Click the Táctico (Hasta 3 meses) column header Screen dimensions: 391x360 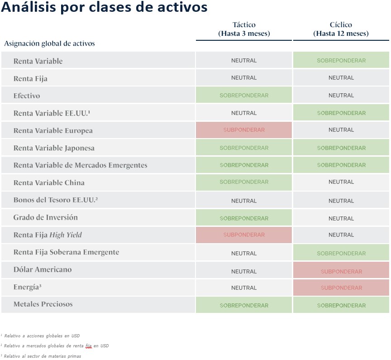[244, 29]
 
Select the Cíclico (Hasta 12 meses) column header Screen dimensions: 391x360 [341, 29]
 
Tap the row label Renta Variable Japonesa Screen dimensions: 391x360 [54, 148]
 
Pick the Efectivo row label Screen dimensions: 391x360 [27, 96]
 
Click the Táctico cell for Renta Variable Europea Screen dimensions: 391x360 [244, 130]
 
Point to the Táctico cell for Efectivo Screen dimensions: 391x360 [244, 95]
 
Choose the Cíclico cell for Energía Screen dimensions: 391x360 [341, 288]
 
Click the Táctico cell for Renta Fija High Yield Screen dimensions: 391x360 [244, 235]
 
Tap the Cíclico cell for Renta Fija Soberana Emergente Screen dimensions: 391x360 [341, 253]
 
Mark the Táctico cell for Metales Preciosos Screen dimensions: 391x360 [244, 305]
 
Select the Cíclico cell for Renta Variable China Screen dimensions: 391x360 [341, 182]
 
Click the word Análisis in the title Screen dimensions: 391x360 [29, 7]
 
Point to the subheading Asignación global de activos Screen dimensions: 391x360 [49, 43]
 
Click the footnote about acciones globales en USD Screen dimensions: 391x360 [40, 336]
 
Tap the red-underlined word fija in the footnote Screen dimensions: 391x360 [89, 346]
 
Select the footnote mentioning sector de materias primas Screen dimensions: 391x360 [41, 356]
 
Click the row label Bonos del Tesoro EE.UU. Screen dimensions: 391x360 [56, 200]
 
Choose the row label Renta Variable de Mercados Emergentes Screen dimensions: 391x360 [80, 165]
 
